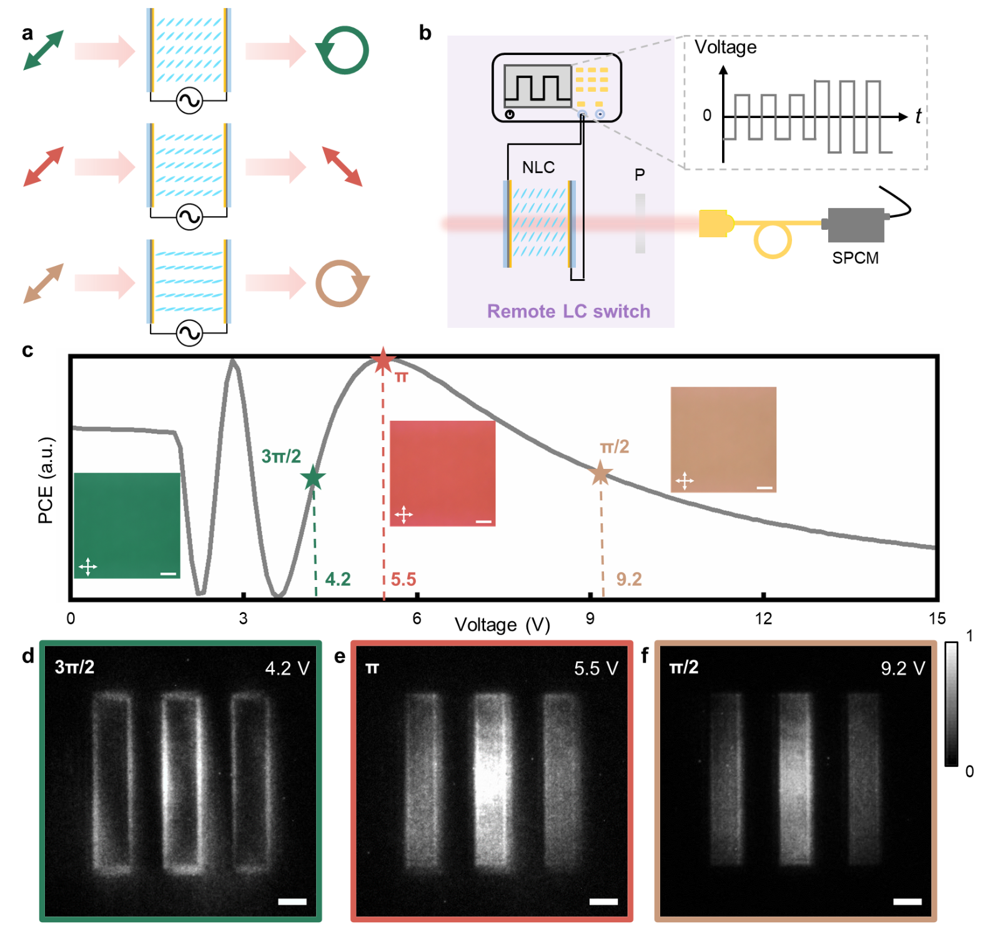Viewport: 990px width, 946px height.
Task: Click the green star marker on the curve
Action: [x=313, y=478]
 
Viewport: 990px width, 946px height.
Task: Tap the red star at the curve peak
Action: [x=383, y=360]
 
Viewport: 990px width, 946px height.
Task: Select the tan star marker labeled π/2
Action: [x=600, y=473]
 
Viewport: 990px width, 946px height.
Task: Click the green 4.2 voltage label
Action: [x=338, y=579]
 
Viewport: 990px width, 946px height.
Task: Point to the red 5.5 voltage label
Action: [x=403, y=579]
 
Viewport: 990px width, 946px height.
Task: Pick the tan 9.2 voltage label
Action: [x=629, y=579]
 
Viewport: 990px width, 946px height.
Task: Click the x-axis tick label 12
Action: [x=763, y=618]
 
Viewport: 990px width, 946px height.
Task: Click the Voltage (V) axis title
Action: [x=502, y=624]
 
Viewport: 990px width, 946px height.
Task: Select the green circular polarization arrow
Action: [x=343, y=50]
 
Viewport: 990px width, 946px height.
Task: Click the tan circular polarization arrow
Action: [x=342, y=283]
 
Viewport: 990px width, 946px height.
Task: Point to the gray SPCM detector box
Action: [x=856, y=225]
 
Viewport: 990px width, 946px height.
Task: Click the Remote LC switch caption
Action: [x=568, y=311]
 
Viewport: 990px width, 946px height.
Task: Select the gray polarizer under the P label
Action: [x=640, y=224]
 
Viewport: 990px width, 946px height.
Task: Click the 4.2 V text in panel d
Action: [x=287, y=669]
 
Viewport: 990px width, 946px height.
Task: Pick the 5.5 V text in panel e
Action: [x=596, y=669]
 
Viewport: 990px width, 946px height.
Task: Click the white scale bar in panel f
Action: [x=907, y=901]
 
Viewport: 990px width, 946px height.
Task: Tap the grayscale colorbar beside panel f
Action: [x=951, y=704]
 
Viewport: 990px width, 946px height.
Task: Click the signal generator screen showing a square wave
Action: [x=538, y=84]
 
